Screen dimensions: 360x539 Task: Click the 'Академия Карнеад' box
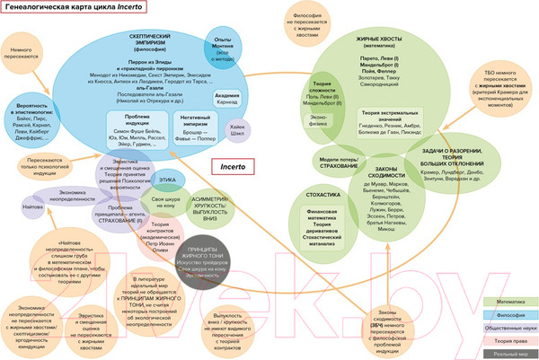pos(227,99)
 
